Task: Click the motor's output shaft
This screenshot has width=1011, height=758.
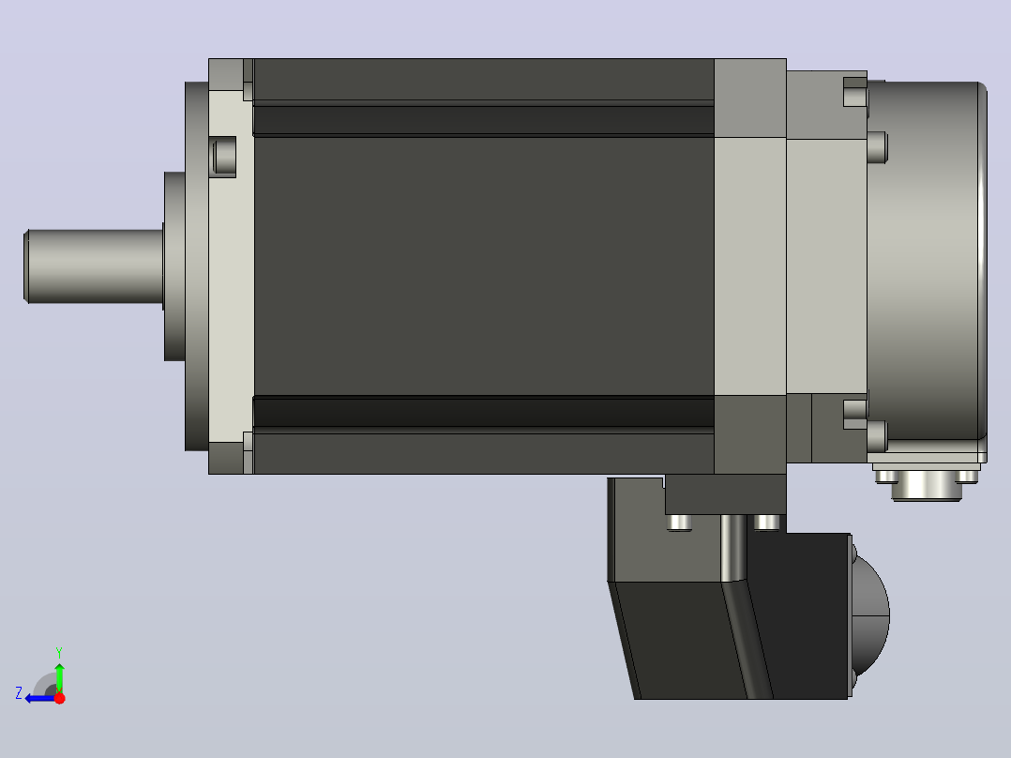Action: coord(94,265)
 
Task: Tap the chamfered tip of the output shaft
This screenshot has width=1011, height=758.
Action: coord(26,265)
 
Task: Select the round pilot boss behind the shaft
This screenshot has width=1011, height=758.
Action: coord(174,265)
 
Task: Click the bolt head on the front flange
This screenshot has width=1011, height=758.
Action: coord(224,157)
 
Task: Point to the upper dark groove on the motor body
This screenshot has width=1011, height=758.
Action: coord(484,121)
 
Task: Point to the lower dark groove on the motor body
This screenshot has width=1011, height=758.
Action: coord(484,412)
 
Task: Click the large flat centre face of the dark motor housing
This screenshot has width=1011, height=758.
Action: coord(484,265)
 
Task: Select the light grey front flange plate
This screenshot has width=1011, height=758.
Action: coord(231,265)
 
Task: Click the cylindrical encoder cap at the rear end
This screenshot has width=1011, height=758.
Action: coord(927,262)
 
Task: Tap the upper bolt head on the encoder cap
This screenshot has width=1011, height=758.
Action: coord(878,147)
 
